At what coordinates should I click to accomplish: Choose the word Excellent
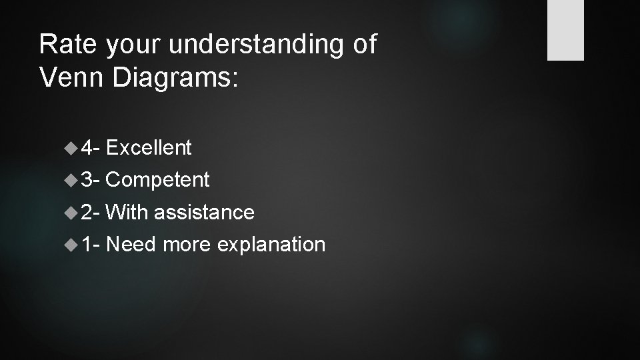[x=149, y=147]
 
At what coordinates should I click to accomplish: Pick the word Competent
[x=157, y=179]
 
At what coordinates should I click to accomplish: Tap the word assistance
[x=204, y=212]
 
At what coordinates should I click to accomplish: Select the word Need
[x=131, y=244]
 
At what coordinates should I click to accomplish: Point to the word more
[x=186, y=244]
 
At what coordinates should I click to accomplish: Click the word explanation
[x=271, y=244]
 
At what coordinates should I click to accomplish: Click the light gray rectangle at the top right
[x=565, y=30]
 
